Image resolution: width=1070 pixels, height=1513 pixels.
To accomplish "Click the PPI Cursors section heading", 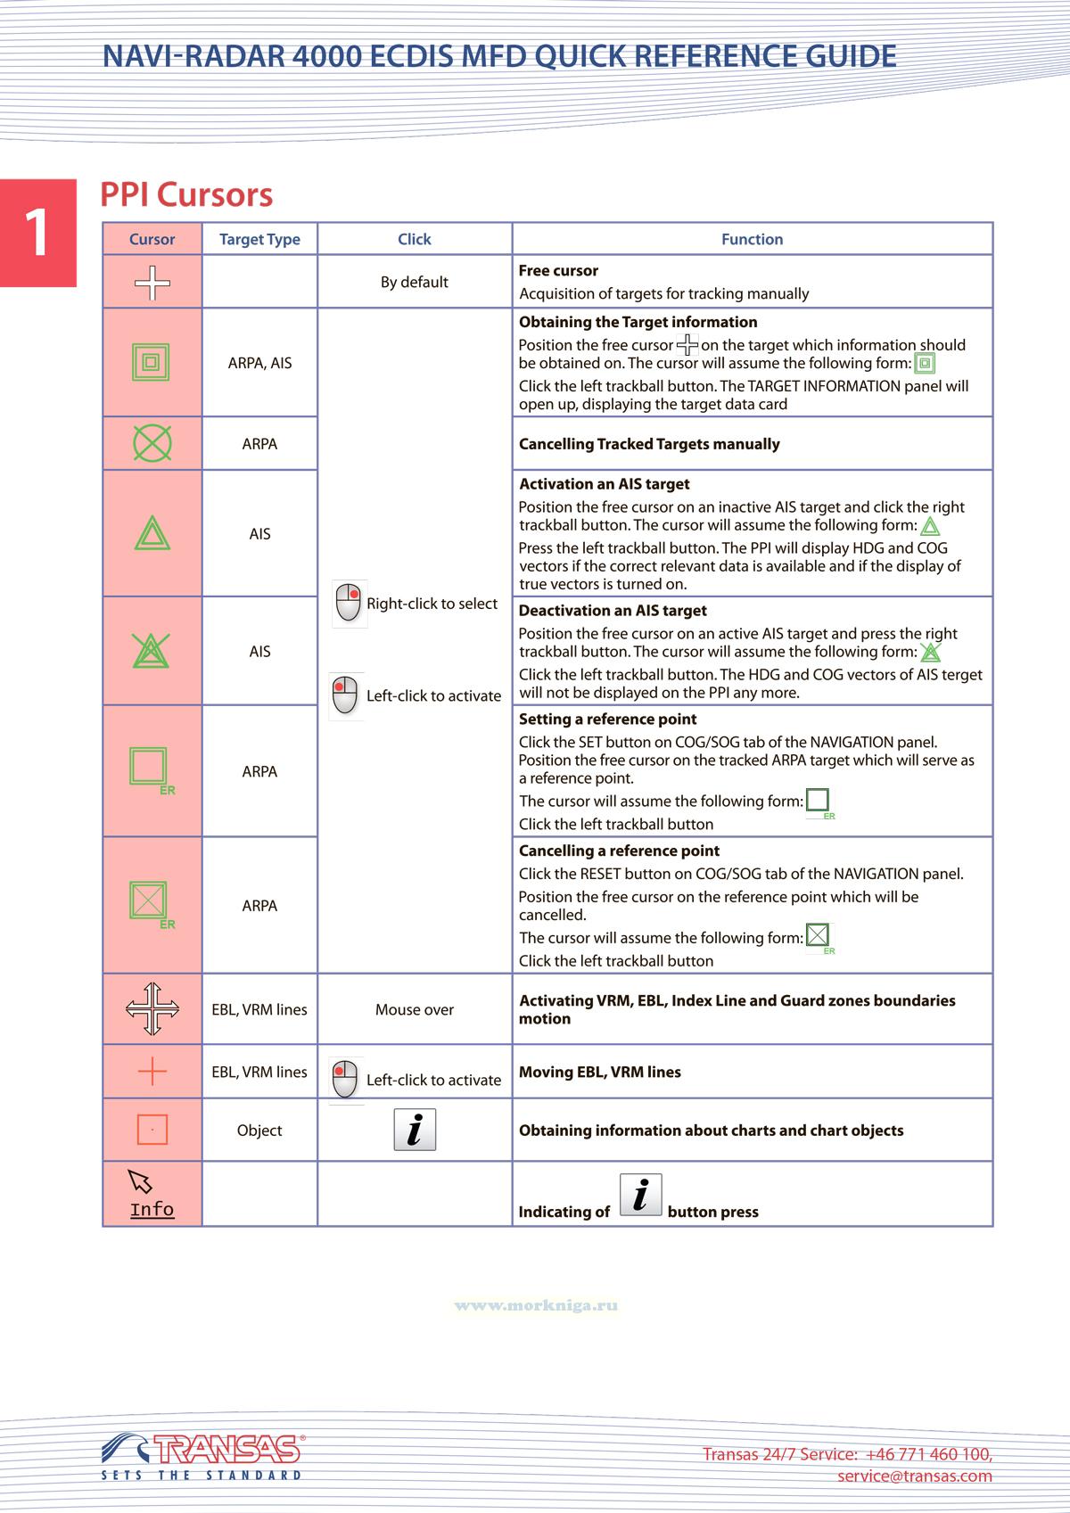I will click(x=186, y=195).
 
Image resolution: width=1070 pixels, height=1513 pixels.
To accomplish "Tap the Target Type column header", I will click(x=259, y=239).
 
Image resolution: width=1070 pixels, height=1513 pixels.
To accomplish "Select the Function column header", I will click(x=752, y=239).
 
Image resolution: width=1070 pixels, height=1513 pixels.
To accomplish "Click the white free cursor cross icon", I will click(x=152, y=283).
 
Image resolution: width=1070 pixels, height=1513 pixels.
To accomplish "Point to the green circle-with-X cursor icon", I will click(x=152, y=443).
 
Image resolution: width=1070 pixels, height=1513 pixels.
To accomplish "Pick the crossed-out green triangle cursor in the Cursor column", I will click(x=152, y=651).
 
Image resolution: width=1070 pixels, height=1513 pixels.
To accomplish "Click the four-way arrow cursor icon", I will click(x=152, y=1009).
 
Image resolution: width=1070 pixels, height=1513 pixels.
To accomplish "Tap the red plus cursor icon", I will click(x=152, y=1071).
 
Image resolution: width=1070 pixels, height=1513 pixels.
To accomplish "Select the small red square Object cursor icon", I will click(x=152, y=1130).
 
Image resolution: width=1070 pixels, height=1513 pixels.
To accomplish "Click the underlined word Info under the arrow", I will click(x=152, y=1210).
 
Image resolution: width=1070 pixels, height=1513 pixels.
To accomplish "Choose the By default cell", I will click(x=414, y=282).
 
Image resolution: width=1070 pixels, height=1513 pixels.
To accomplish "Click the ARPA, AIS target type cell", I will click(x=259, y=363).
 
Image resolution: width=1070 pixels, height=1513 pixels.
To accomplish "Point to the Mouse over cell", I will click(x=414, y=1009).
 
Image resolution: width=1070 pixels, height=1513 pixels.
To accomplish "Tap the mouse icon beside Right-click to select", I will click(x=348, y=604).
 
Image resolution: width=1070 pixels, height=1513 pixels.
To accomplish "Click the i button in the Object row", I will click(x=415, y=1130).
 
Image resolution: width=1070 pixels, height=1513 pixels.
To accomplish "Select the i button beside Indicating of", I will click(x=640, y=1195).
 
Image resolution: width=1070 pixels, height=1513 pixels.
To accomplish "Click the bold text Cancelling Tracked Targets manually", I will click(x=649, y=444).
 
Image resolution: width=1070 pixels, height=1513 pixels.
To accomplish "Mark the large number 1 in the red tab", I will click(x=37, y=234).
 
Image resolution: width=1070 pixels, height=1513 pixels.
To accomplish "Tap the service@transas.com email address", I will click(x=914, y=1476).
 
